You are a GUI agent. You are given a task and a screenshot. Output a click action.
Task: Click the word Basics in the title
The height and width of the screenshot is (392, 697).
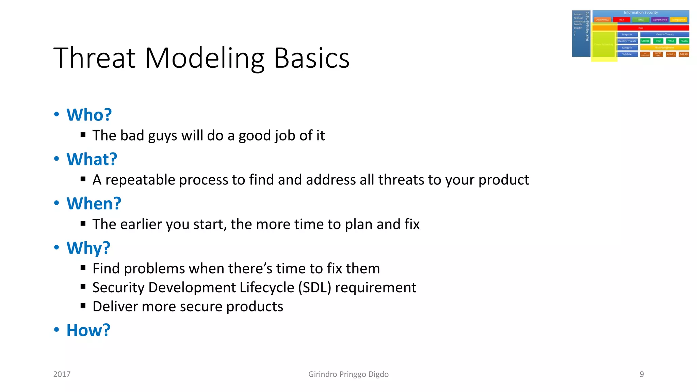point(311,58)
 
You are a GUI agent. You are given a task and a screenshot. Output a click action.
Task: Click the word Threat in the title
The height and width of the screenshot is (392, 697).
point(95,58)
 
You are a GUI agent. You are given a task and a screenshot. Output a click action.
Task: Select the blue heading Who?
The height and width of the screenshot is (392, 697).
point(89,115)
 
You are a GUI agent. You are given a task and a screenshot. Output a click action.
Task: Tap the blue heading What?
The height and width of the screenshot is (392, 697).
point(92,159)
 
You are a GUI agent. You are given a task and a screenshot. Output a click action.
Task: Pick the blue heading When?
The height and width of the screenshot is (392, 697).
point(94,203)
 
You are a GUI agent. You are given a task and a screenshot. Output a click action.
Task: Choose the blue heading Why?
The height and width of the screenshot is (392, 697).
point(88,248)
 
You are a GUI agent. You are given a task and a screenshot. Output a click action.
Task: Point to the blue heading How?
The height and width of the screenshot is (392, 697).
point(88,330)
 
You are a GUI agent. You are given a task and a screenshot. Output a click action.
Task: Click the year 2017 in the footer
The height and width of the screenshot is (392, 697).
point(62,374)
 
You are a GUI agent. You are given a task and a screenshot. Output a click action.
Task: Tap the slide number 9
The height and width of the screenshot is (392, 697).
point(642,374)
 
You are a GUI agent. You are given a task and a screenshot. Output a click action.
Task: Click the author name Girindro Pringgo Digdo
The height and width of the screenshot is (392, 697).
point(348,374)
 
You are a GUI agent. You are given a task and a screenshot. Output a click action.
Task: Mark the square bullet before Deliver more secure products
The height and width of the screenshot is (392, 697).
point(83,305)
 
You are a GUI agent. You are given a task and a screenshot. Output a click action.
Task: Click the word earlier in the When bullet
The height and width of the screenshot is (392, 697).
point(141,224)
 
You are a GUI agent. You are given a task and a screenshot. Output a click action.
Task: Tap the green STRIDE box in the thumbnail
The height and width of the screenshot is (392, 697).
point(645,41)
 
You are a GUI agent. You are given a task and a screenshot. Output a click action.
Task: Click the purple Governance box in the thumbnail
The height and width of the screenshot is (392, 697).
point(660,20)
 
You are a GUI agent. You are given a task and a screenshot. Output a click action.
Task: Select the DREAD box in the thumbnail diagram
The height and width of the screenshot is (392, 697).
point(684,54)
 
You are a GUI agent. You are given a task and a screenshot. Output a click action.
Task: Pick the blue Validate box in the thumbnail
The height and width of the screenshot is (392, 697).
point(627,54)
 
